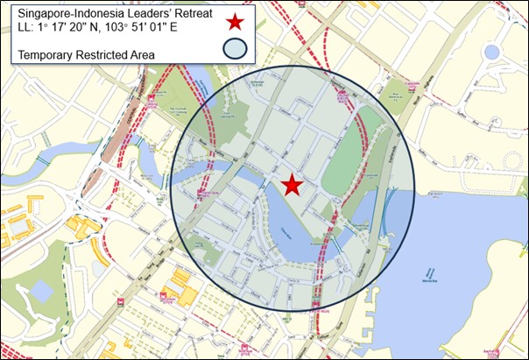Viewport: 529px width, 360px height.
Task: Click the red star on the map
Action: point(292,185)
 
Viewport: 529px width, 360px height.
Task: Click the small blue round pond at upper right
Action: point(491,53)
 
